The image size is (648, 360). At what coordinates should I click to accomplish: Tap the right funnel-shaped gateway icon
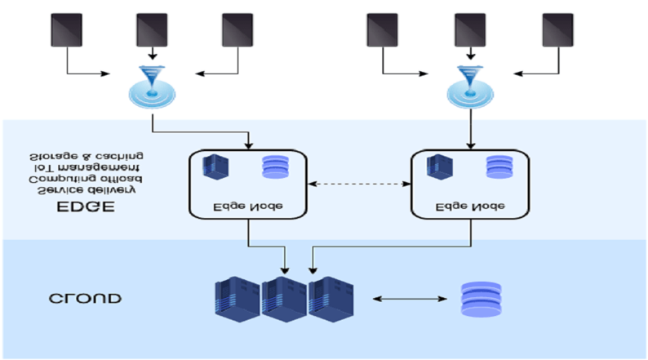[x=470, y=87]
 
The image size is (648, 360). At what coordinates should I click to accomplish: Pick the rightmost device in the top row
[x=557, y=29]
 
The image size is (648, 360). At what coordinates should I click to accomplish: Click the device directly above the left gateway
[x=151, y=29]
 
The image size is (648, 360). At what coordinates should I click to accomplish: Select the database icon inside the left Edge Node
[x=274, y=167]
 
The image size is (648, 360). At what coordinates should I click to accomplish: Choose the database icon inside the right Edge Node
[x=497, y=167]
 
